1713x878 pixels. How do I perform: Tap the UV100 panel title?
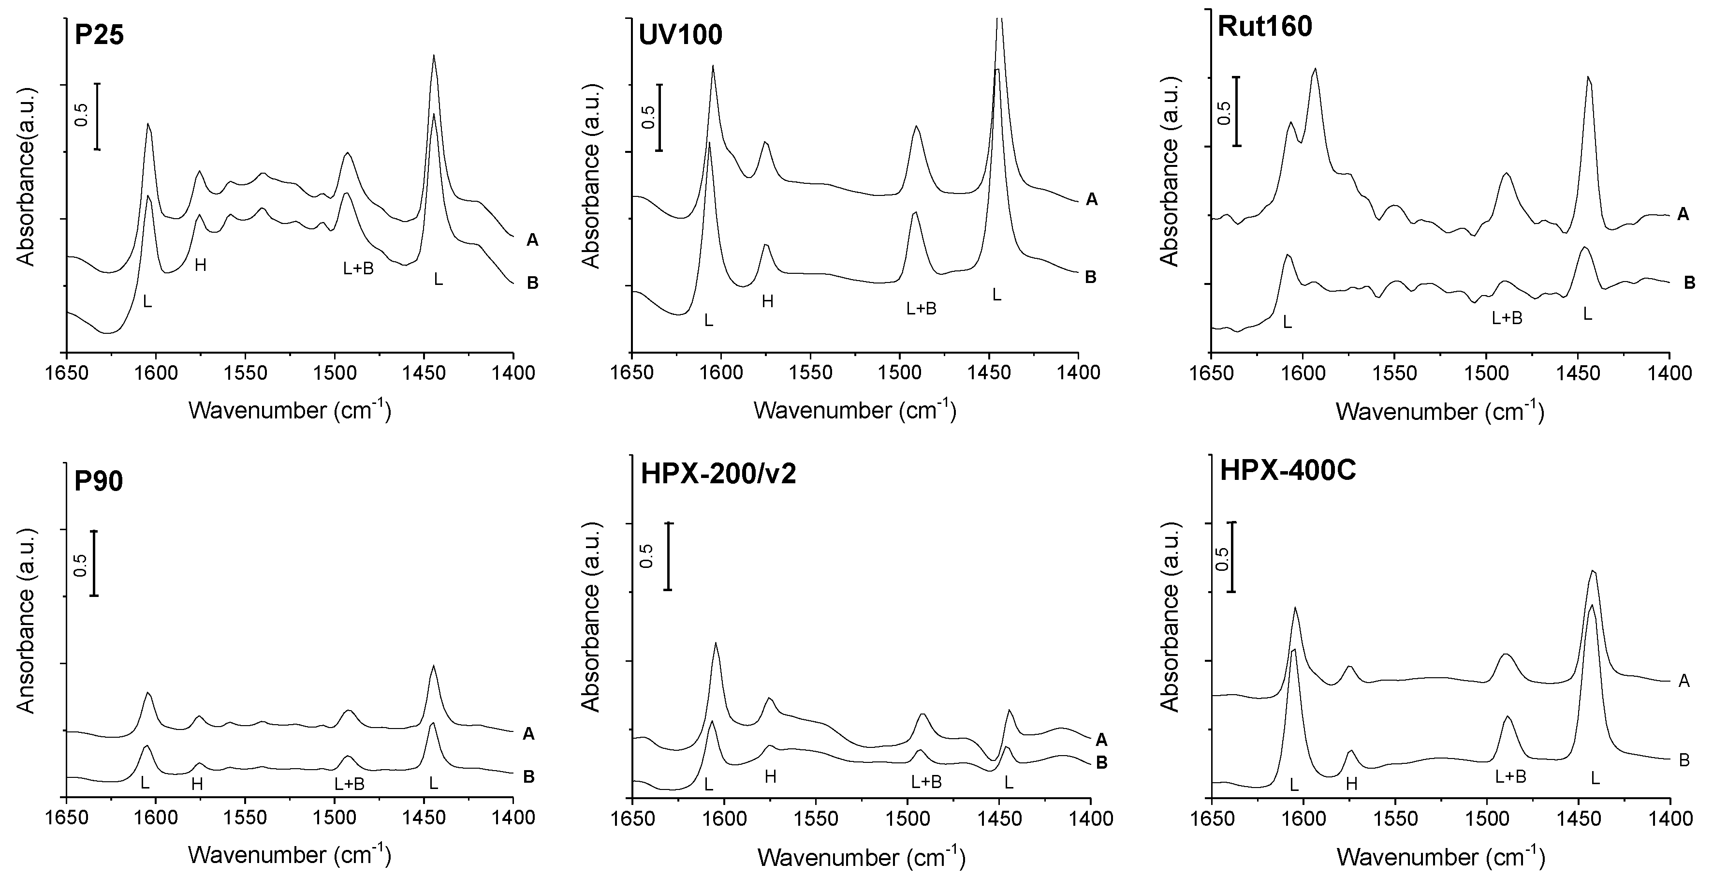(680, 35)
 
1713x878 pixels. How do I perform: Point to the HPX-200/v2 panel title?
(718, 474)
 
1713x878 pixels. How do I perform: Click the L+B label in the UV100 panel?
(921, 308)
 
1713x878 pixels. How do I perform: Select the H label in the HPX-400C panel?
(1351, 784)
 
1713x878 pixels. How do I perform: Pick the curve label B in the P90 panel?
(528, 776)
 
